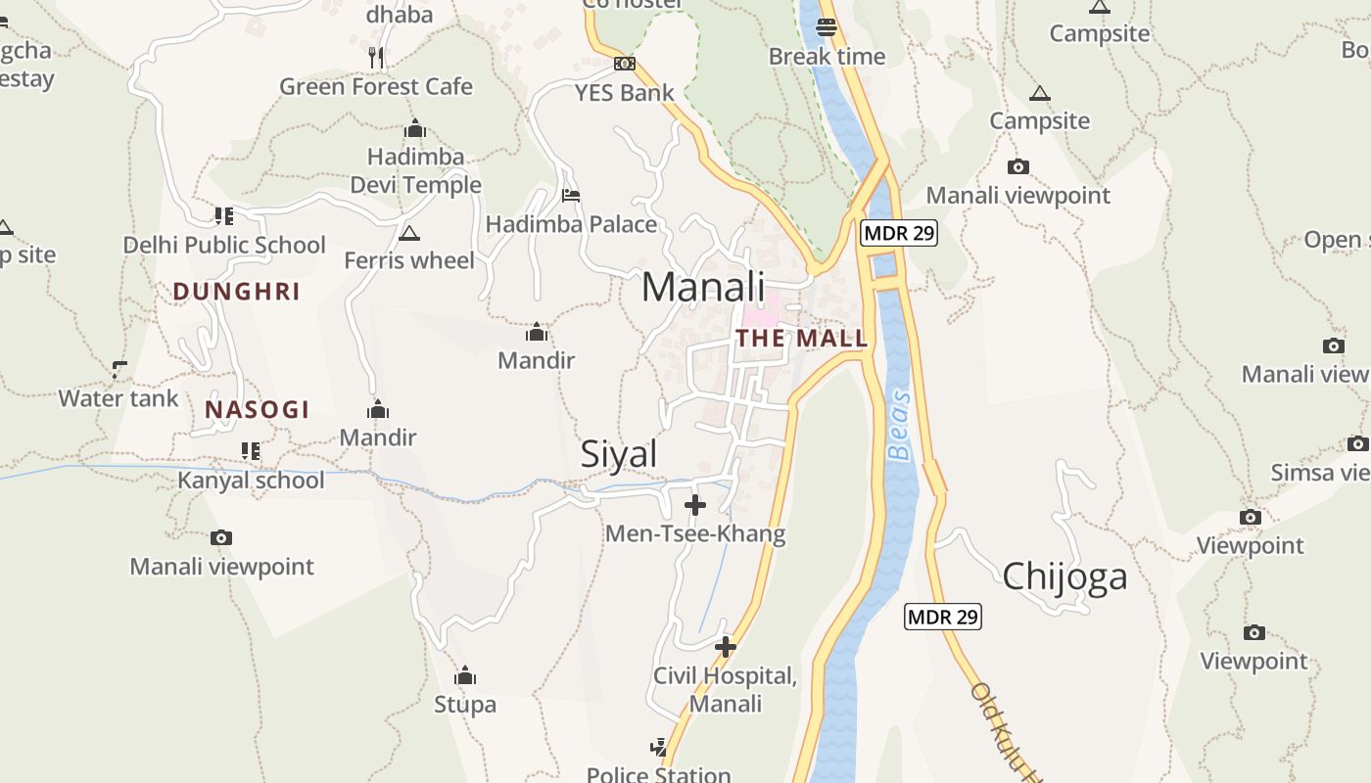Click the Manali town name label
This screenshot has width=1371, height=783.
pyautogui.click(x=703, y=287)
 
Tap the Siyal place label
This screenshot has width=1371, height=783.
pyautogui.click(x=619, y=454)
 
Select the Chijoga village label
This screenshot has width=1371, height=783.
pyautogui.click(x=1064, y=576)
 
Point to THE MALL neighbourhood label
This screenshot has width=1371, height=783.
pyautogui.click(x=802, y=339)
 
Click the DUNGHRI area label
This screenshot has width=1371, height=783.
pyautogui.click(x=236, y=291)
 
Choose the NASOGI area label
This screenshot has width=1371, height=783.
pyautogui.click(x=257, y=409)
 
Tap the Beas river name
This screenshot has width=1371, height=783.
pyautogui.click(x=899, y=426)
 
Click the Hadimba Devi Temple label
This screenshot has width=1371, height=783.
pyautogui.click(x=416, y=170)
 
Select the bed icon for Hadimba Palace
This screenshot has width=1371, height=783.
pyautogui.click(x=571, y=196)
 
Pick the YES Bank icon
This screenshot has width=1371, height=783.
pyautogui.click(x=624, y=64)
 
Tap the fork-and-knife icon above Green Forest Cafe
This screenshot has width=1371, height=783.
pyautogui.click(x=376, y=57)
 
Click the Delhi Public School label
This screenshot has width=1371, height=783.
pyautogui.click(x=224, y=245)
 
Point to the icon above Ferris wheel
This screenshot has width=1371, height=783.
pyautogui.click(x=409, y=233)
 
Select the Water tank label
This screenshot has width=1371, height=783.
pyautogui.click(x=118, y=398)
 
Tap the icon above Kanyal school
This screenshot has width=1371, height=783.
pyautogui.click(x=251, y=451)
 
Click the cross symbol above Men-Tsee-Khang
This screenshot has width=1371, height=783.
pyautogui.click(x=695, y=505)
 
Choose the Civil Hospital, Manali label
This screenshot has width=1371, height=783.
pyautogui.click(x=726, y=689)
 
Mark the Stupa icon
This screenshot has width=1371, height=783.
pyautogui.click(x=465, y=675)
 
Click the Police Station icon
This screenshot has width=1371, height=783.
pyautogui.click(x=659, y=747)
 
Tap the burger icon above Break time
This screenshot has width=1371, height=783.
pyautogui.click(x=827, y=27)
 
